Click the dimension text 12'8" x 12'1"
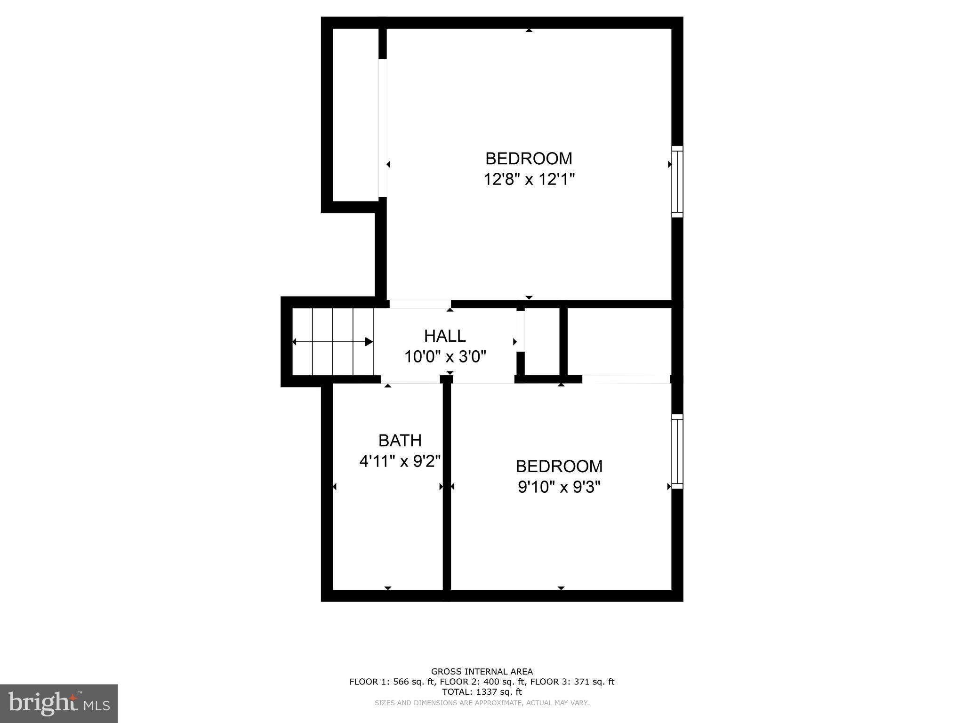point(529,179)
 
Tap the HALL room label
point(445,336)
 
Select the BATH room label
point(400,441)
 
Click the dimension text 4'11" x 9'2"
point(400,461)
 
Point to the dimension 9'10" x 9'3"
point(559,487)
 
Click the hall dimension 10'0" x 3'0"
point(445,357)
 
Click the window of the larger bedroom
point(677,182)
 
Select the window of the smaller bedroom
point(677,451)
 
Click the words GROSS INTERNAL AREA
point(482,672)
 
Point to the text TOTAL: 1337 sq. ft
point(482,692)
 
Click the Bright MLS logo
point(59,703)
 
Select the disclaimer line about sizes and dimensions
point(482,703)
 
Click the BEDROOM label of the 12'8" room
point(529,159)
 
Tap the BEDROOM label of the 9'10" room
point(559,466)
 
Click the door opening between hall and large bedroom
point(420,304)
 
